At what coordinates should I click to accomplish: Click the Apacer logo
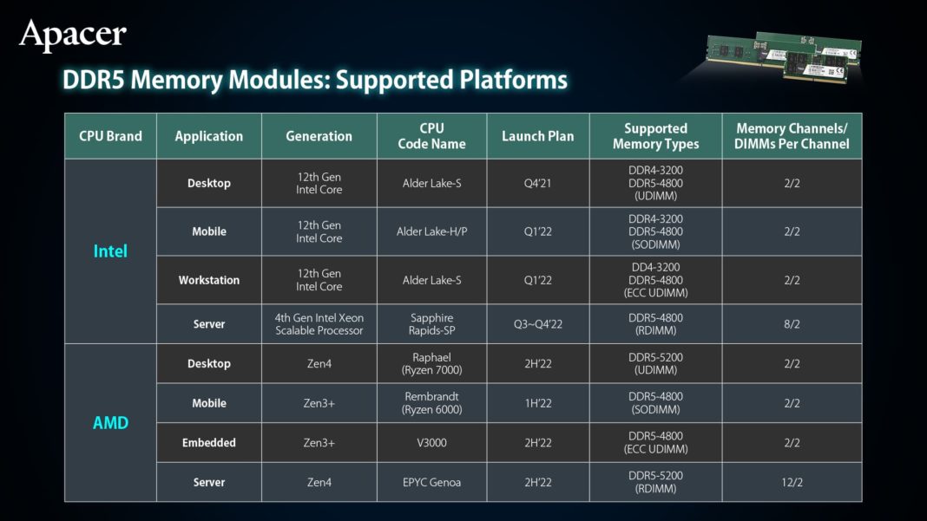(73, 35)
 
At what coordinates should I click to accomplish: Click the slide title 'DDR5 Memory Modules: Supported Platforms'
(314, 81)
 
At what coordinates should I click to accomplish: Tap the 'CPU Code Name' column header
(431, 136)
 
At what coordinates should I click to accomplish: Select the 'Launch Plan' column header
(537, 136)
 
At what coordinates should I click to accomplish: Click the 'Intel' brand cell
(110, 251)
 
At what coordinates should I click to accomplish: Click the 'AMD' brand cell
(110, 423)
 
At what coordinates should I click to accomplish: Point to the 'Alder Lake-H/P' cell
(431, 231)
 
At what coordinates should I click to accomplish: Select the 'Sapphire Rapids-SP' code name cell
(431, 324)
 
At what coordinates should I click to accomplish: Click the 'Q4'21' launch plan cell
(537, 184)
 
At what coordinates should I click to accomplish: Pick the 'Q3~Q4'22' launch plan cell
(537, 324)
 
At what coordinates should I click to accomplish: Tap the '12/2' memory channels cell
(792, 482)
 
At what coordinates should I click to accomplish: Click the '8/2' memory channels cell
(792, 324)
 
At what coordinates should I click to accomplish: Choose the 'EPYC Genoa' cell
(431, 482)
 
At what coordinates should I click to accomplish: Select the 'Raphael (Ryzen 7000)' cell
(431, 363)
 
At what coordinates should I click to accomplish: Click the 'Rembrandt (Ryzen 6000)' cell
(431, 403)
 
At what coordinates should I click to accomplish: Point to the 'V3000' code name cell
(431, 442)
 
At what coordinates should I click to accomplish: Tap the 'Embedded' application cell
(209, 442)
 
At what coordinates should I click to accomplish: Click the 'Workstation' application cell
(209, 280)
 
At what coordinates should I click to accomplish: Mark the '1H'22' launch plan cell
(537, 403)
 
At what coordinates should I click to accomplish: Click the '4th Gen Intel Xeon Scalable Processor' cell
(319, 324)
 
